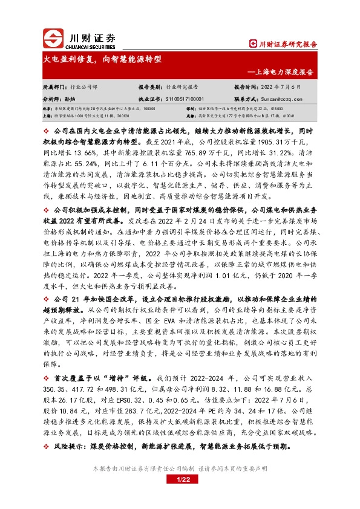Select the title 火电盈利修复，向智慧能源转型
pos(102,59)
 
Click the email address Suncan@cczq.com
pos(279,97)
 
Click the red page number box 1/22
pos(180,481)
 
